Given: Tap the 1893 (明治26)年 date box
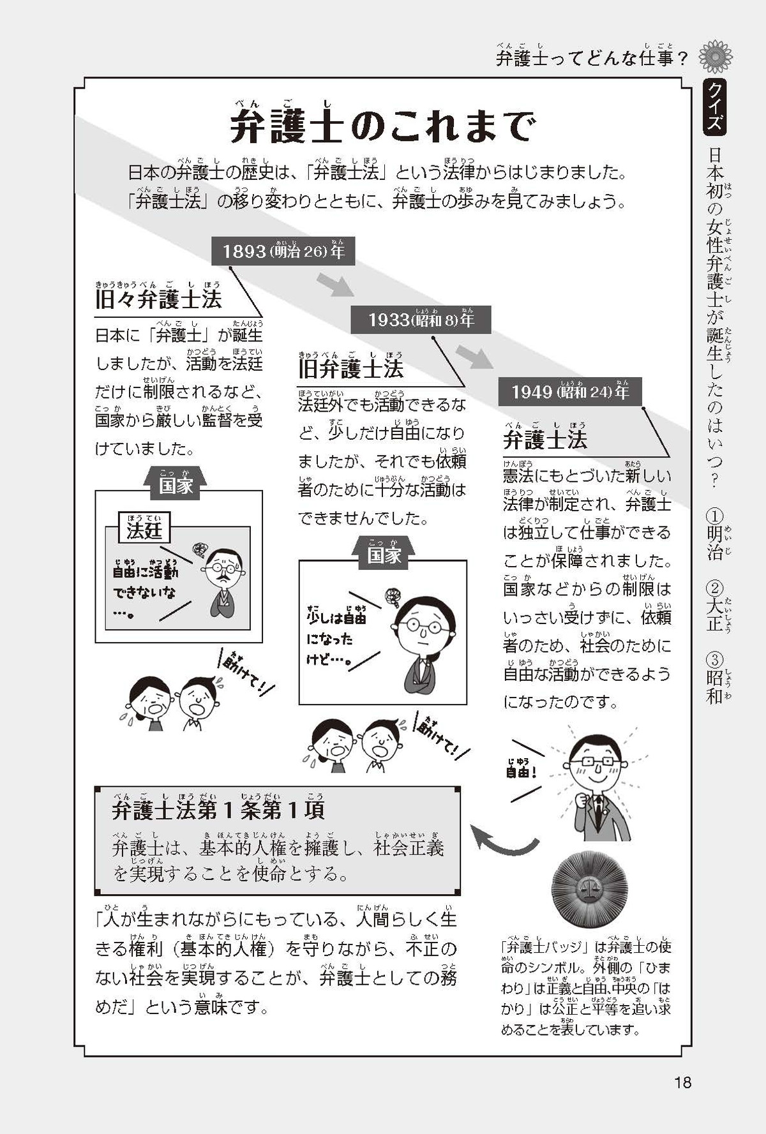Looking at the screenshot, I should tap(283, 251).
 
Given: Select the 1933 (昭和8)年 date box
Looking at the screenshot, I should tap(421, 320).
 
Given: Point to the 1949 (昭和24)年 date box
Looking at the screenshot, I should tap(569, 391).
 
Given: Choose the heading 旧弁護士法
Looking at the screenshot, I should tap(350, 368).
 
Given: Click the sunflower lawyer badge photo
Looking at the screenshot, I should tap(589, 888).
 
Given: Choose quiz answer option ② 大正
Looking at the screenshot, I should tap(715, 606).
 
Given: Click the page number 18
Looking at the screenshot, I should tap(682, 1082).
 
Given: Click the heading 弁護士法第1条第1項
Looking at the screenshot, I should tap(218, 809).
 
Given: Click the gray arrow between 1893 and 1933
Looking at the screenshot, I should tap(335, 285).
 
